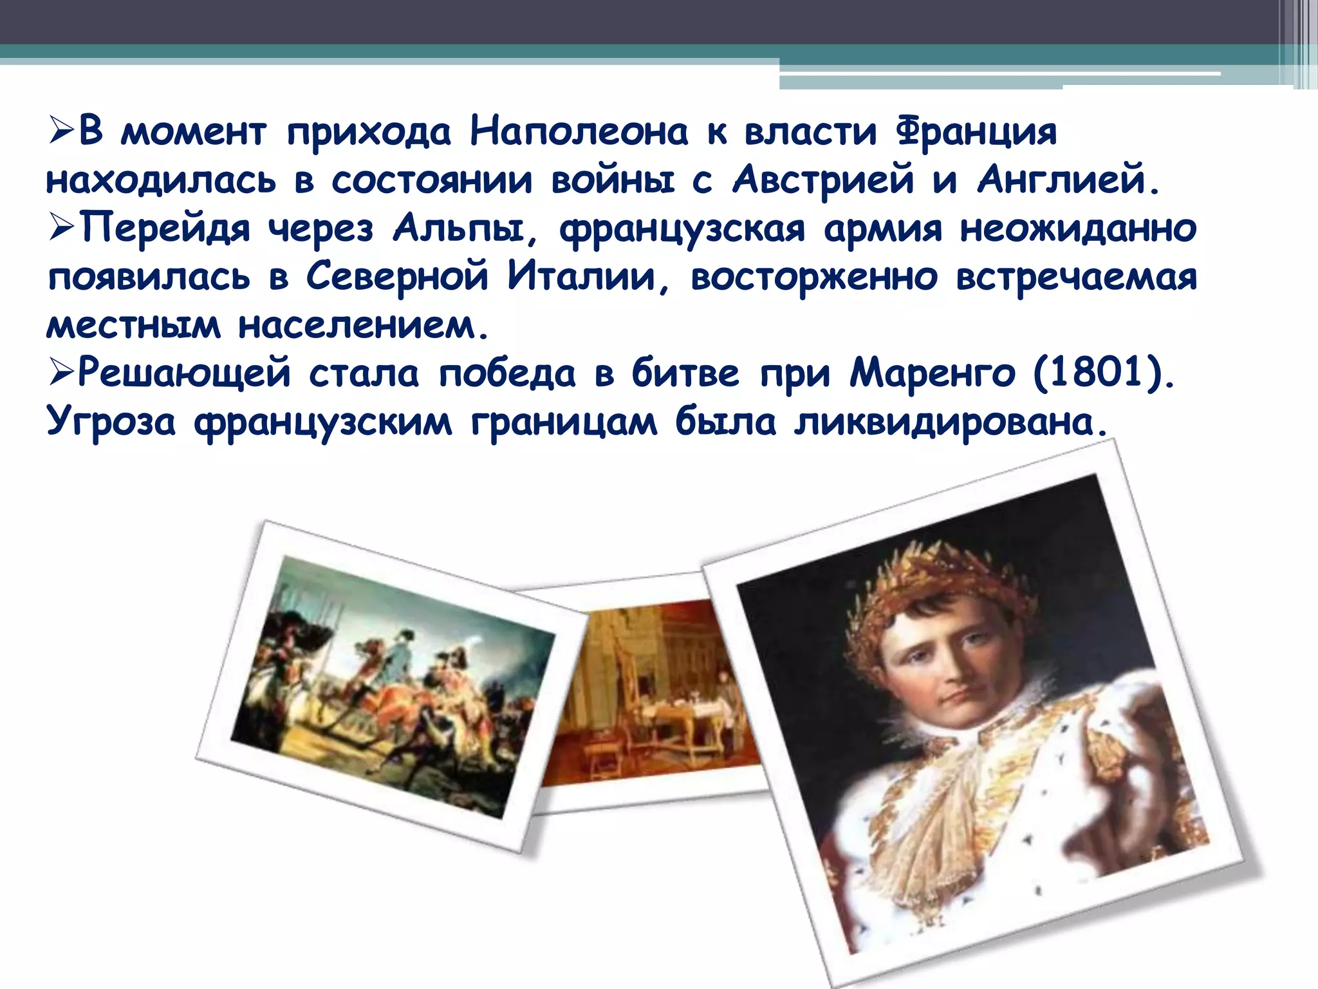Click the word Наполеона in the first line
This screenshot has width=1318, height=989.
coord(579,132)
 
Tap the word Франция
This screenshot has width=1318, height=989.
coord(976,133)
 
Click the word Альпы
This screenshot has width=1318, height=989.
coord(465,229)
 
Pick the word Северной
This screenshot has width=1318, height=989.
coord(396,277)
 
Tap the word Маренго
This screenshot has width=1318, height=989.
coord(932,373)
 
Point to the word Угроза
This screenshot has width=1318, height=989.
coord(111,422)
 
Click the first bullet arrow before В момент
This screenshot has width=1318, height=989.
coord(62,132)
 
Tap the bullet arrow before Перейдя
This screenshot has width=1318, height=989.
coord(62,229)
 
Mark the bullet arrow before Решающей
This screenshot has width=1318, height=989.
coord(62,373)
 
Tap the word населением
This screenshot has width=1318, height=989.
coord(364,326)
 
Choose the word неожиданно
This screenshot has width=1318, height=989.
coord(1078,229)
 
